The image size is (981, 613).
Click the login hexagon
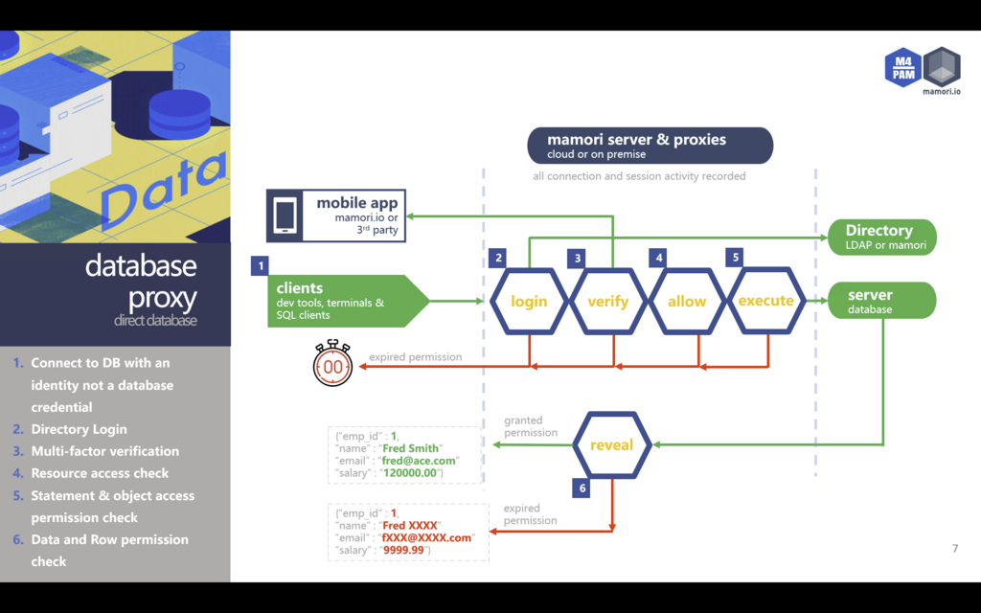click(x=529, y=301)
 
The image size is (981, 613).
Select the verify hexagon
click(x=608, y=301)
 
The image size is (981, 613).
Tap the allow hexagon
click(x=687, y=301)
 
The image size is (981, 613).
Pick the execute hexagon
click(x=765, y=300)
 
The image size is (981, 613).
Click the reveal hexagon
click(x=612, y=444)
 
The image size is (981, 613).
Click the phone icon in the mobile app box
click(x=285, y=216)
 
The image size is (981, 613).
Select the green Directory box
click(x=881, y=237)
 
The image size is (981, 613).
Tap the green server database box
click(x=881, y=301)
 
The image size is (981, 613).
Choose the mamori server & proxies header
click(x=650, y=145)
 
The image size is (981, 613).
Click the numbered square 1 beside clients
click(x=259, y=264)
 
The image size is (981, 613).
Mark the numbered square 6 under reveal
click(x=582, y=488)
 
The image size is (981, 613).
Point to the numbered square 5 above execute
click(x=736, y=258)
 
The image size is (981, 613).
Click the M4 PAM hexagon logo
click(x=902, y=67)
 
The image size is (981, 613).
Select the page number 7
click(x=954, y=549)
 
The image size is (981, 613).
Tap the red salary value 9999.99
click(x=404, y=550)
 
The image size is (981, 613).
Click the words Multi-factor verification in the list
click(x=105, y=451)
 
